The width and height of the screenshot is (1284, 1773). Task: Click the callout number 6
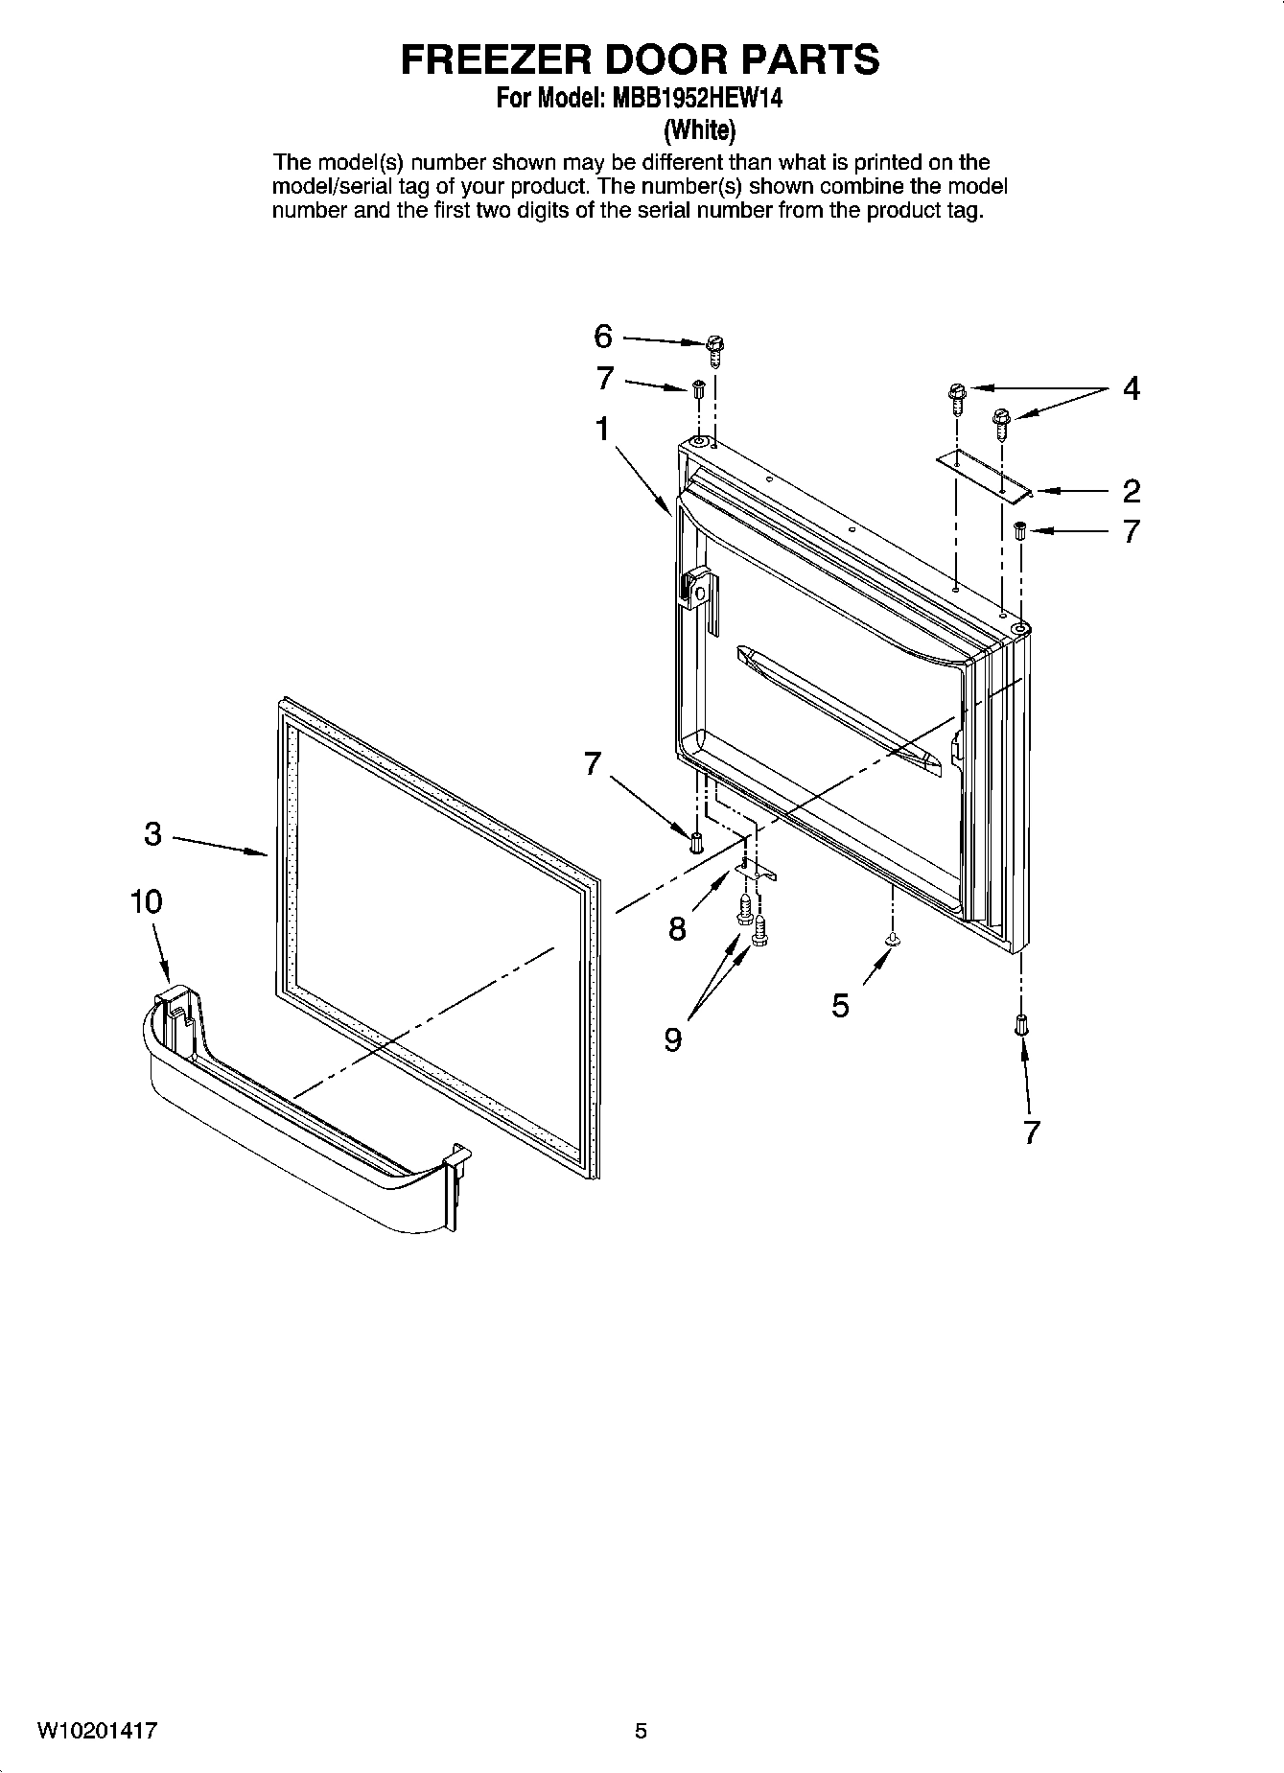603,337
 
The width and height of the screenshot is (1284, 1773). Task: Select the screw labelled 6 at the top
714,349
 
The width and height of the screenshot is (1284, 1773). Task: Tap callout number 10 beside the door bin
147,902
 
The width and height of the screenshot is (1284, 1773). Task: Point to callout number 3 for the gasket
152,834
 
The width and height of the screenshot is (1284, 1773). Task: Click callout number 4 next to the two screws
1132,389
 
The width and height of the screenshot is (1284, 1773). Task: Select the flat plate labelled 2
983,476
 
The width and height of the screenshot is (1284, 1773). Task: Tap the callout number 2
1132,491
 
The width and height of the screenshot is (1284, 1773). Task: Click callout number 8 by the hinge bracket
678,928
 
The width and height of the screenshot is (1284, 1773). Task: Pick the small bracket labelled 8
756,868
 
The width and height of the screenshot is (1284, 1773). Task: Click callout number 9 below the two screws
673,1039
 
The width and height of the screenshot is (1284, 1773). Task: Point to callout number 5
841,1006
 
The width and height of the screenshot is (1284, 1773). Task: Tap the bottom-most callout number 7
1031,1132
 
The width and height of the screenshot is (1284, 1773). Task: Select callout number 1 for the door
602,429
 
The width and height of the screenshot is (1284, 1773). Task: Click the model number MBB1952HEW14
688,98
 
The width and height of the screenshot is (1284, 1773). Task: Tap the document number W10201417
98,1731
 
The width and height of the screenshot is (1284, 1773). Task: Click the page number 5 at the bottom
642,1731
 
